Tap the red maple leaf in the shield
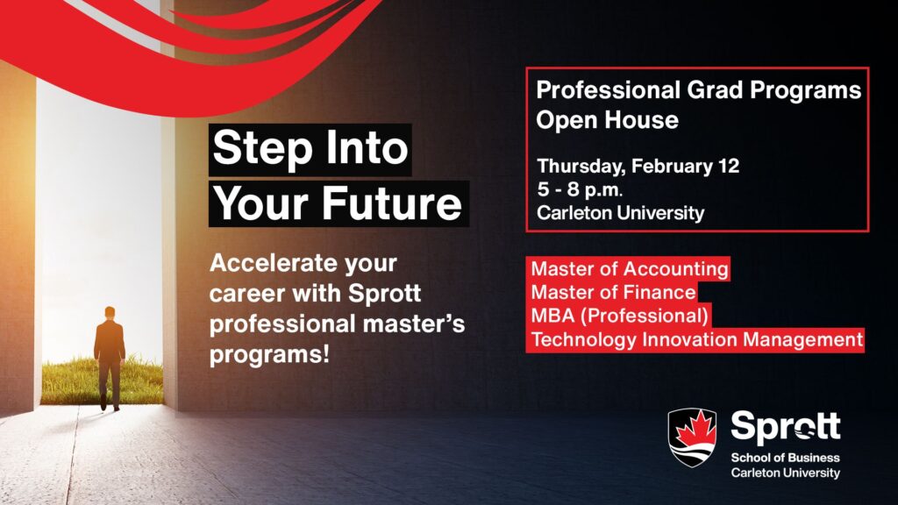(693, 431)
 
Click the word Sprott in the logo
(785, 428)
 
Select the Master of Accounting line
(629, 268)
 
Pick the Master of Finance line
(613, 292)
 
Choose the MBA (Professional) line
(619, 316)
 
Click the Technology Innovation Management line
(696, 339)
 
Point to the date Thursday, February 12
(638, 166)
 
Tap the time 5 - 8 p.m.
(579, 189)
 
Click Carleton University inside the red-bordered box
(620, 213)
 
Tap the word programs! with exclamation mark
(269, 354)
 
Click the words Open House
(607, 120)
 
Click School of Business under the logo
(785, 458)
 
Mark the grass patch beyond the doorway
(102, 381)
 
